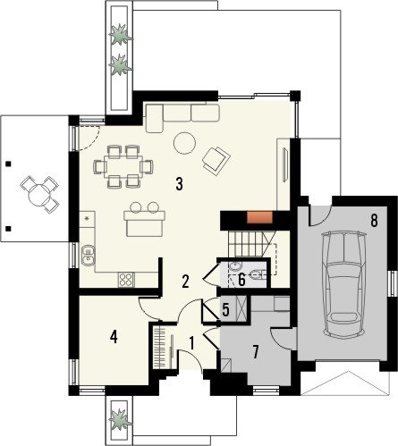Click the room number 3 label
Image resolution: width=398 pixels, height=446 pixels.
(x=179, y=184)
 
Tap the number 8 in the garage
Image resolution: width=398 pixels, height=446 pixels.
(x=374, y=221)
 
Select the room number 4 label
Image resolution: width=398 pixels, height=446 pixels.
(x=114, y=337)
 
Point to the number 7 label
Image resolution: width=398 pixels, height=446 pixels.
(x=255, y=352)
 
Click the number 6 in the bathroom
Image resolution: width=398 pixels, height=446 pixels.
(x=241, y=280)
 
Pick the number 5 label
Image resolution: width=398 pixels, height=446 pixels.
(x=225, y=310)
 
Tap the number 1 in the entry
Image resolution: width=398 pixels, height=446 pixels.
(x=191, y=343)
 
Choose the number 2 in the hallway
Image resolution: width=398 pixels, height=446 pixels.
(x=185, y=282)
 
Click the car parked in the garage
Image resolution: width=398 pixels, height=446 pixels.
(x=343, y=285)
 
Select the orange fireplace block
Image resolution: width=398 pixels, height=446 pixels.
(x=259, y=216)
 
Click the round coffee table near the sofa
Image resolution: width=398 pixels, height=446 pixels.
(x=184, y=143)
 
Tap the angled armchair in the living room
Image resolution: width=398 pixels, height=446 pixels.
(x=216, y=161)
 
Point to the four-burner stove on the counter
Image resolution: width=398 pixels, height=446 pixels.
(x=126, y=280)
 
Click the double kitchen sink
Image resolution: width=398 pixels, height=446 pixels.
(x=89, y=255)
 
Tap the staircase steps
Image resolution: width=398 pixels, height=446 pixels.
(x=248, y=244)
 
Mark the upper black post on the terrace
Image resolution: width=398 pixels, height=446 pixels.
(x=8, y=164)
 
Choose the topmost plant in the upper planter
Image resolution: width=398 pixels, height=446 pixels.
(x=121, y=35)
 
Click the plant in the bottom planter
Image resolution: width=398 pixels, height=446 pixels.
(x=120, y=418)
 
